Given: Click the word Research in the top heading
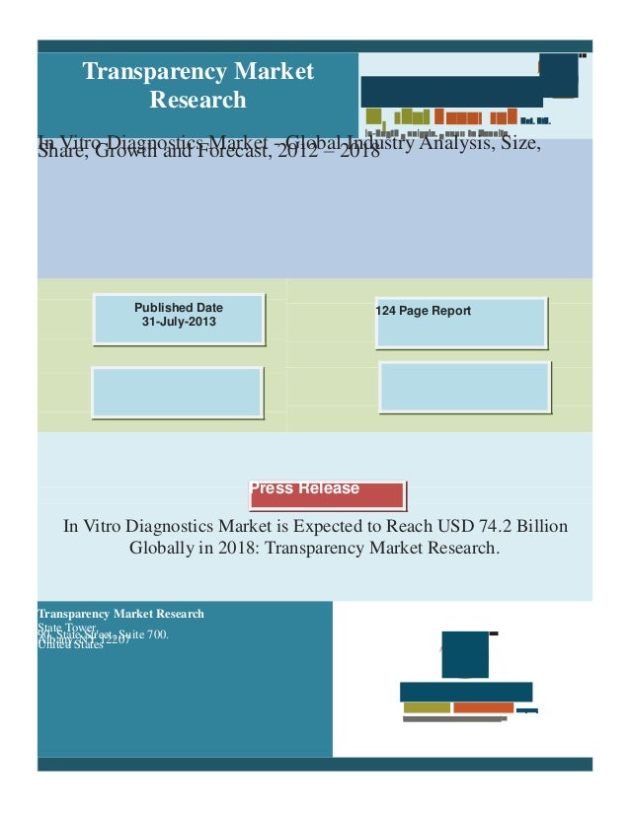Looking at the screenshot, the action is pos(197,100).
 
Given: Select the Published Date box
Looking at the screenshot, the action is pos(179,319).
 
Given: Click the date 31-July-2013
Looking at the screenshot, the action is pos(179,323).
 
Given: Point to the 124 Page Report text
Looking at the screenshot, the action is pos(424,311).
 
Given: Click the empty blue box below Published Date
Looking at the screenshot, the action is pos(178,392).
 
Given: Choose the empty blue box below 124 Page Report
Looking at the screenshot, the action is pos(464,387).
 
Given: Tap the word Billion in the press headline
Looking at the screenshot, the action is pos(536,526).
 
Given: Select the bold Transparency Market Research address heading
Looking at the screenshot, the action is pos(120,614).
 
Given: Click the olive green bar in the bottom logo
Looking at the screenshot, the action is pos(427,707).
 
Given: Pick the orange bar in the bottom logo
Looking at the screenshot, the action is pos(483,707).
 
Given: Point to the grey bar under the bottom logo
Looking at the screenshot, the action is pos(454,718).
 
